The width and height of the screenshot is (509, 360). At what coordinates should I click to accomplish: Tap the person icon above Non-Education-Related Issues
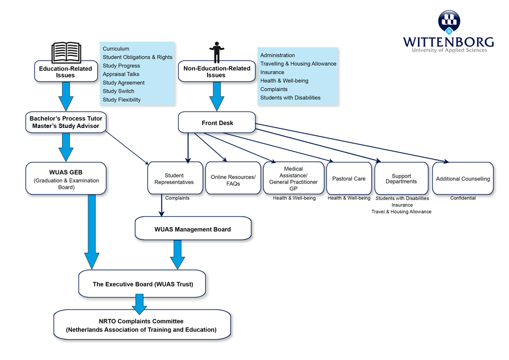click(217, 52)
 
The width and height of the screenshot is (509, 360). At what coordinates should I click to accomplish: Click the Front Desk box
click(217, 123)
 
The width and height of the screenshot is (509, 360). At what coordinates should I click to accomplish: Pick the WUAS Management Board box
click(192, 229)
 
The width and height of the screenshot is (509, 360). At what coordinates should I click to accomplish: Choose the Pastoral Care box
click(348, 178)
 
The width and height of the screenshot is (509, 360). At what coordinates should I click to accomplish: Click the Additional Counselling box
click(463, 179)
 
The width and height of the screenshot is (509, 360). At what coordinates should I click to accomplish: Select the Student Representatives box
click(174, 178)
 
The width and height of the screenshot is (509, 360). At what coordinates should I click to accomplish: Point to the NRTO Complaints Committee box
click(141, 325)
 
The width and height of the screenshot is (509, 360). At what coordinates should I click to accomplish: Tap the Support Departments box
click(401, 179)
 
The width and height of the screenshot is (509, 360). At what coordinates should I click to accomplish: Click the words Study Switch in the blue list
click(118, 91)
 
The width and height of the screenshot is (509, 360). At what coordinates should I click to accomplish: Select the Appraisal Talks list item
click(120, 74)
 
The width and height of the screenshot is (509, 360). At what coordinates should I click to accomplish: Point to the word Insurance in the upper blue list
click(272, 72)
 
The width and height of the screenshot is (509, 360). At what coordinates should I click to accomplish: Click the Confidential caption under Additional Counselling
click(463, 198)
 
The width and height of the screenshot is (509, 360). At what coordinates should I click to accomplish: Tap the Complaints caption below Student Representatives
click(177, 198)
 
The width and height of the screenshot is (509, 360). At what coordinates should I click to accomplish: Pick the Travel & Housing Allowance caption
click(401, 212)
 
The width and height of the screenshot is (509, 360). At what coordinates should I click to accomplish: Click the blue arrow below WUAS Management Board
click(178, 255)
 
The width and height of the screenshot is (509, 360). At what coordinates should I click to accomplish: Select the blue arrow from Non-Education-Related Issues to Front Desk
click(217, 96)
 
